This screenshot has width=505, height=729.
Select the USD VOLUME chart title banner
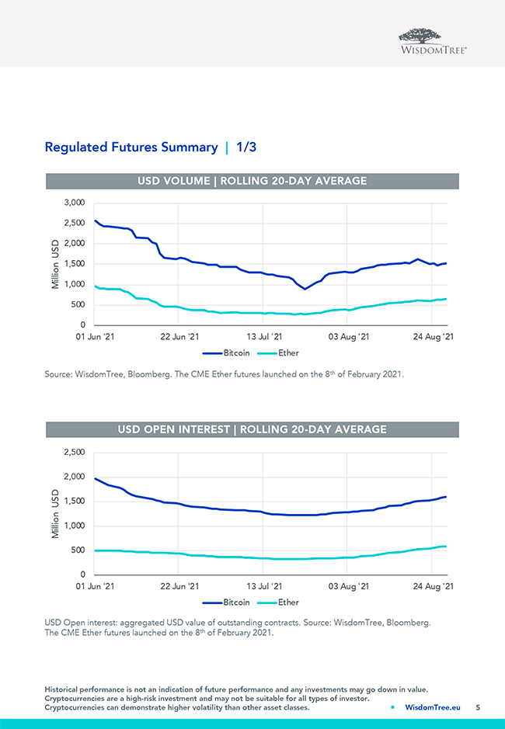pos(252,181)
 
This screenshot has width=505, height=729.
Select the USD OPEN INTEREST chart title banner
pos(252,429)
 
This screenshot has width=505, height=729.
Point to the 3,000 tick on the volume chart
pos(73,203)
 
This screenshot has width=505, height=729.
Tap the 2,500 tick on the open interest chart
pos(73,452)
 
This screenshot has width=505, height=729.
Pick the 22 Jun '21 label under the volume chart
pos(179,337)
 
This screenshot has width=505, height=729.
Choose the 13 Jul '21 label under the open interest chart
pos(263,586)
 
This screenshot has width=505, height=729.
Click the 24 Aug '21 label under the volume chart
pos(433,337)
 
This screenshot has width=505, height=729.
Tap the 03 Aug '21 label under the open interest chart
pos(348,586)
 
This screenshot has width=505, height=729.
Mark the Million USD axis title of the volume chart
pos(55,264)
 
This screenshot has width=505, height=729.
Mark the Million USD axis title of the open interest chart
pos(55,513)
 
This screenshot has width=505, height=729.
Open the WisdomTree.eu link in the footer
pos(433,707)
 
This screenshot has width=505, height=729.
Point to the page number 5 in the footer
pos(479,707)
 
